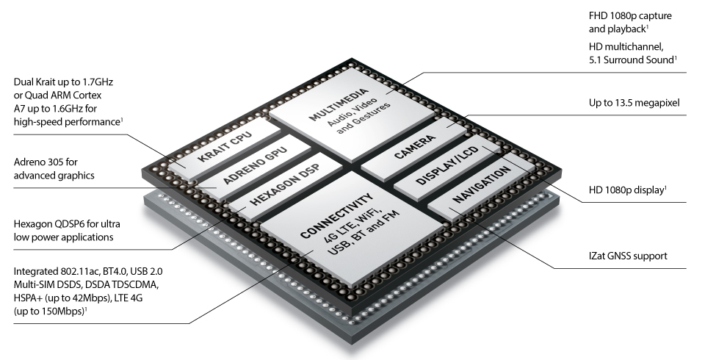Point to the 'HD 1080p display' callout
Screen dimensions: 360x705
pyautogui.click(x=626, y=190)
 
